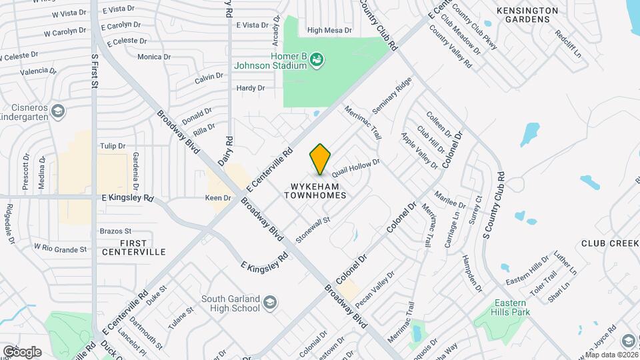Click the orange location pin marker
coord(321,159)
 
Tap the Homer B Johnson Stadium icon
coord(317,61)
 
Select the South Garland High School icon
coord(270,303)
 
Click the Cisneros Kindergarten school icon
coord(58,111)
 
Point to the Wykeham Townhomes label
coord(315,191)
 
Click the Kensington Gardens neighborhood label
coord(527,15)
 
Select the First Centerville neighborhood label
coord(134,247)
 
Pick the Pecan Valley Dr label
coord(375,284)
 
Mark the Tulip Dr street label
coord(112,146)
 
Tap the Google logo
coord(22,351)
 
